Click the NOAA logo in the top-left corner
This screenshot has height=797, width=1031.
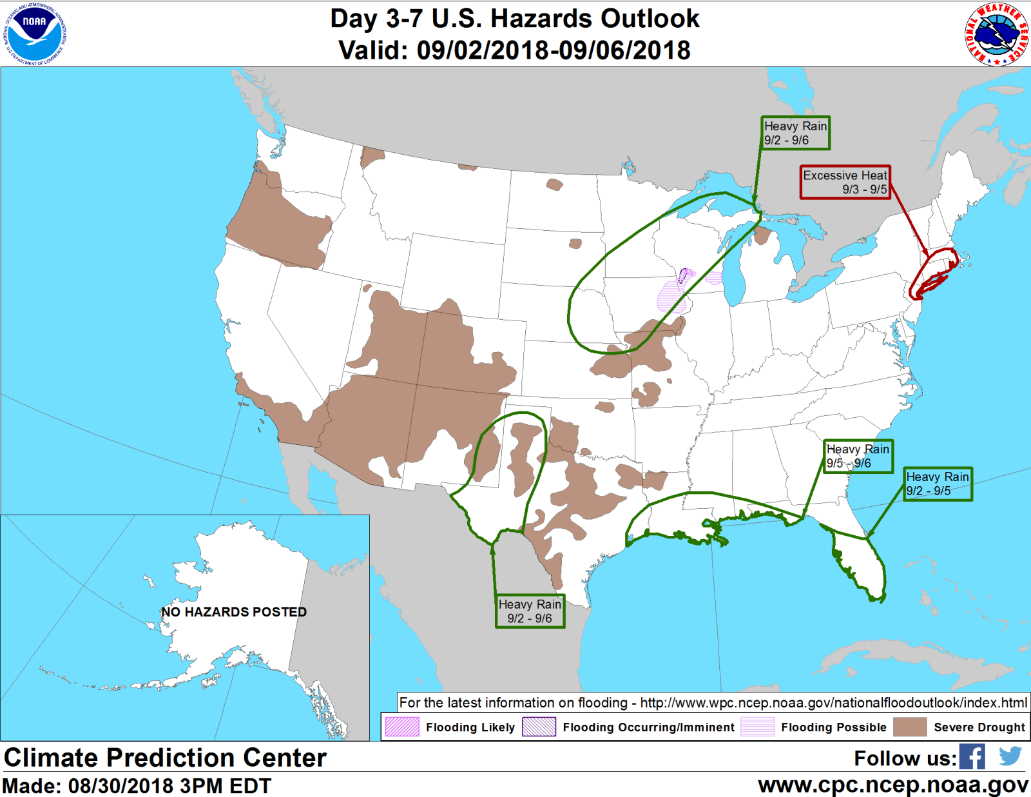click(x=34, y=34)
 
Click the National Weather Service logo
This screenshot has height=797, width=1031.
click(x=996, y=34)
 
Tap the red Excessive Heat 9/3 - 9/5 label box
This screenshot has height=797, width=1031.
click(x=845, y=182)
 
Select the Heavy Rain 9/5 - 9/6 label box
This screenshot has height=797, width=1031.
click(x=858, y=457)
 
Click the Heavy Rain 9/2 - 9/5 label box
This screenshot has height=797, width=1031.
click(x=937, y=484)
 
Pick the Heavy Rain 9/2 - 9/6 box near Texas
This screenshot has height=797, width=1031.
click(x=530, y=611)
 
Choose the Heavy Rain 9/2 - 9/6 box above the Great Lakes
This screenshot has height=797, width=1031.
click(x=795, y=133)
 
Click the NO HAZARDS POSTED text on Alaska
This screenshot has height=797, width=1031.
click(x=234, y=612)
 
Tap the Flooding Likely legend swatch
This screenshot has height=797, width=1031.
click(x=402, y=727)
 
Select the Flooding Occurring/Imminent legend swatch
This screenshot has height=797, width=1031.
click(x=539, y=727)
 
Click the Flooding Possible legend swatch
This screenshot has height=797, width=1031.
click(x=757, y=727)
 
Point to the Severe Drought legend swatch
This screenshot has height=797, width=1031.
click(x=910, y=727)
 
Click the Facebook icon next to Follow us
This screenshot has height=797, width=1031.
click(x=972, y=757)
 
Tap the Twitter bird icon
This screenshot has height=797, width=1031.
click(x=1010, y=756)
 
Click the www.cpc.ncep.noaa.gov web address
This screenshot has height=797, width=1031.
click(x=892, y=785)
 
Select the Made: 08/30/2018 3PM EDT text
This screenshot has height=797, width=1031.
click(x=137, y=786)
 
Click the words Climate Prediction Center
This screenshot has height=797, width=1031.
click(x=165, y=758)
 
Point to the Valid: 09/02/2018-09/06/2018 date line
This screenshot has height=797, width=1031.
click(x=514, y=50)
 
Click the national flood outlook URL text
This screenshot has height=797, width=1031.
click(x=833, y=703)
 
